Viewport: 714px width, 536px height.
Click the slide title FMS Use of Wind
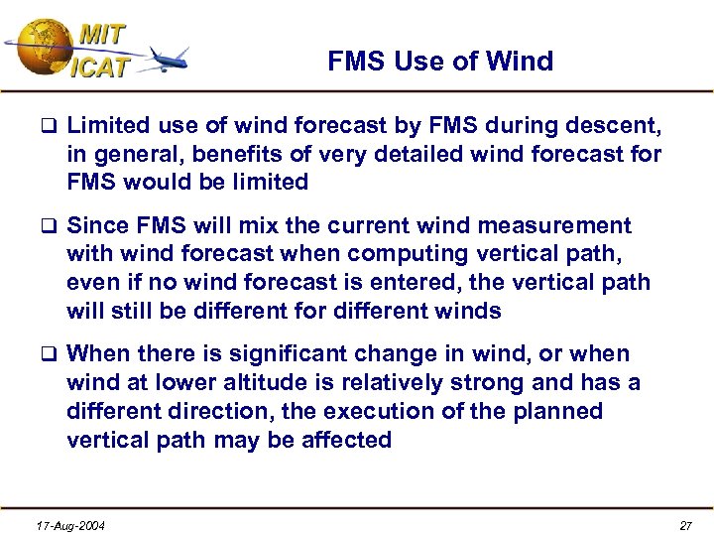[x=440, y=62]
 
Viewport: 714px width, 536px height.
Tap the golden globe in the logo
[x=42, y=48]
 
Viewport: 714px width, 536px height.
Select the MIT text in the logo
[x=101, y=34]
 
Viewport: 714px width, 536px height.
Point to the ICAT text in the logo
[x=98, y=68]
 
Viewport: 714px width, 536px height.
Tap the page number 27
[x=686, y=525]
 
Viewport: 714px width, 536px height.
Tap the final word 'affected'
[x=343, y=439]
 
